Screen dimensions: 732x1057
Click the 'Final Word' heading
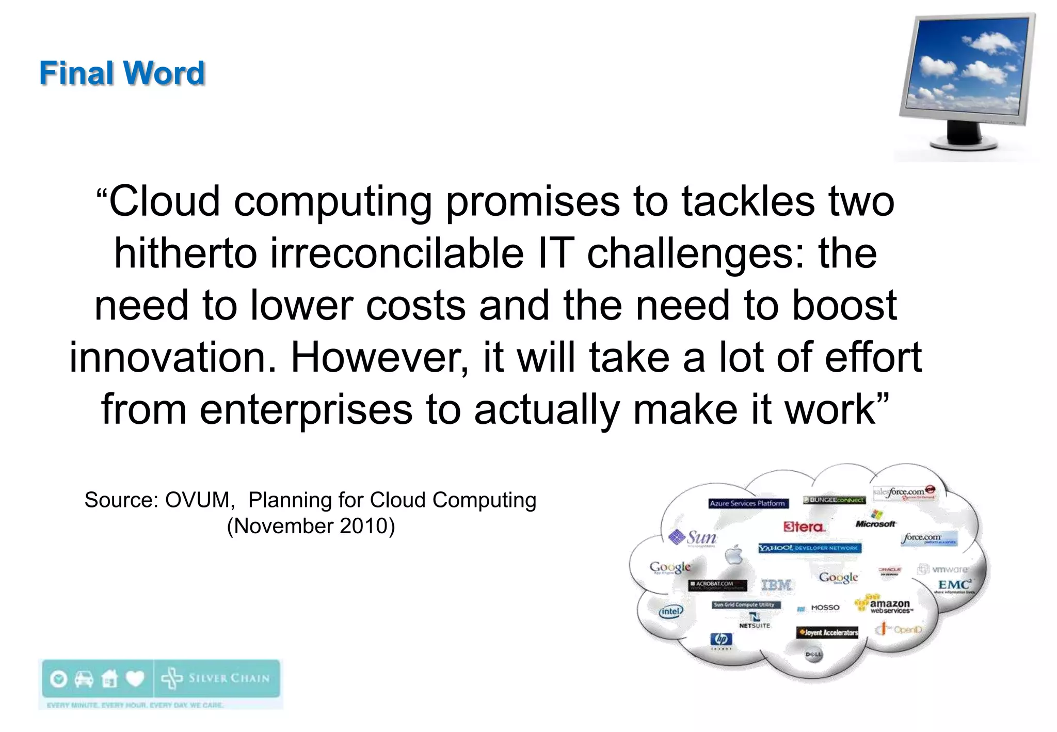[x=122, y=73]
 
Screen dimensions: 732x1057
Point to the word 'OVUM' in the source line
[x=197, y=500]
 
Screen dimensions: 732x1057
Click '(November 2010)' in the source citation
[x=311, y=526]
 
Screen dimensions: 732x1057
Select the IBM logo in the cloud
[x=776, y=585]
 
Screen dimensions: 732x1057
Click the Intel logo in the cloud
[x=670, y=611]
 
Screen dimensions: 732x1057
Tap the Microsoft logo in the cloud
[x=876, y=520]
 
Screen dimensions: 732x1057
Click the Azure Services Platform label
[x=747, y=503]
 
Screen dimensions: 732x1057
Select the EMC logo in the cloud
[x=954, y=584]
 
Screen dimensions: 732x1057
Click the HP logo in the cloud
[x=721, y=640]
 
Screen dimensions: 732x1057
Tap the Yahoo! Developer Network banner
[x=809, y=548]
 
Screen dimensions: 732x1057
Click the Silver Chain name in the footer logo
[x=229, y=678]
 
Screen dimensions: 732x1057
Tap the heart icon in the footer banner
[x=135, y=678]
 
